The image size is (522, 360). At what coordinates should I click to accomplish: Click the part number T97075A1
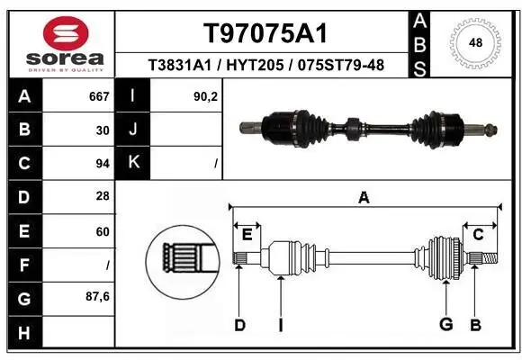point(265,34)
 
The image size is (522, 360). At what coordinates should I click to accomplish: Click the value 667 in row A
point(99,96)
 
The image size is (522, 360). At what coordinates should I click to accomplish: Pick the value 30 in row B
point(103,130)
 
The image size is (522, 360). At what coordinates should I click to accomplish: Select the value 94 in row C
point(103,164)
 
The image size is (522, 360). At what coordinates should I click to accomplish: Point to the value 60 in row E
point(103,231)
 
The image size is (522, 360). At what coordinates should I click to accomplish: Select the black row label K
point(133,164)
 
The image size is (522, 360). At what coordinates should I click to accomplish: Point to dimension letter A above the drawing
point(364,198)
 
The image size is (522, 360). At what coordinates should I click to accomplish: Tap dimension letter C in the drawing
point(479,235)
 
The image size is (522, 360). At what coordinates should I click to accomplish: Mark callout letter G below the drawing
point(445,325)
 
